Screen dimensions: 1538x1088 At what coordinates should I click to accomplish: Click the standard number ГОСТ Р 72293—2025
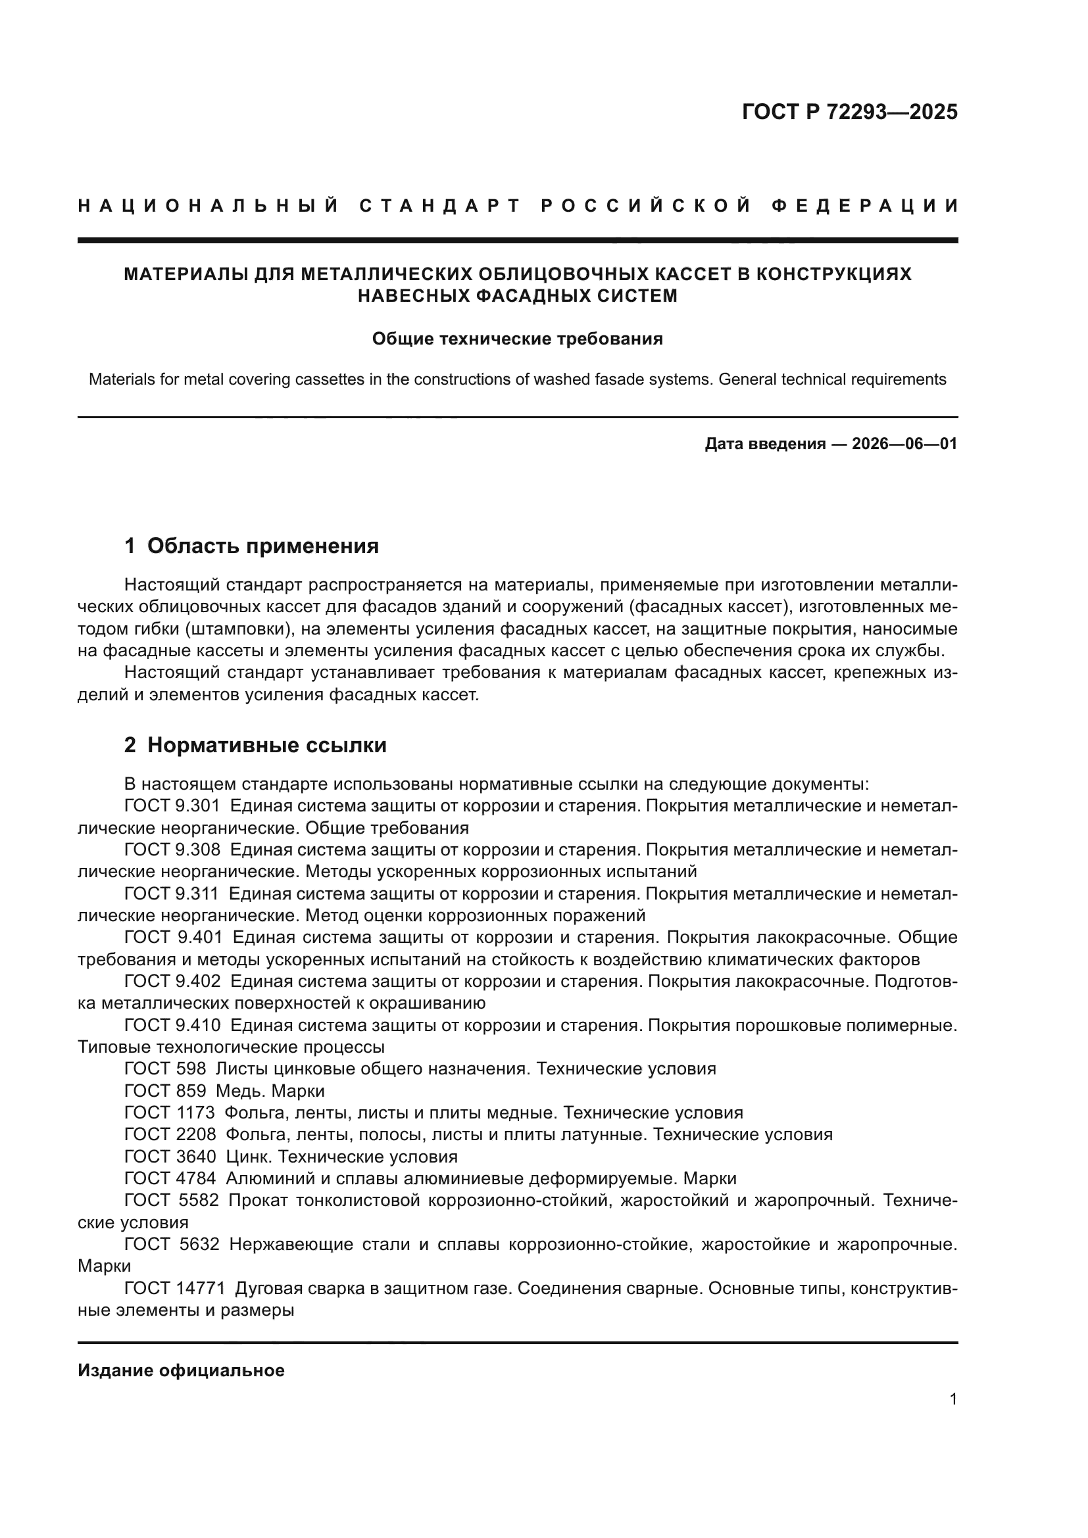pos(849,112)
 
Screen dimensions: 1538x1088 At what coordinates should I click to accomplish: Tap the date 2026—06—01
pos(904,443)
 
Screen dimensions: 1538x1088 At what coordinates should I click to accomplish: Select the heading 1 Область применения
pos(251,546)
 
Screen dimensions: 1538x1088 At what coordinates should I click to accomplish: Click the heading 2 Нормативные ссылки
pos(255,745)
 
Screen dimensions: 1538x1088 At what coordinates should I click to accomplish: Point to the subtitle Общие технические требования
pos(517,339)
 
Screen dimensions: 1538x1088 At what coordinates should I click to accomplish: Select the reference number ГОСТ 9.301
pos(172,806)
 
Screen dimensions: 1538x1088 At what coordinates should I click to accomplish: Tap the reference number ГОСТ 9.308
pos(172,850)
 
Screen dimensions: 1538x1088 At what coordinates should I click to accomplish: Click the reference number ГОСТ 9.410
pos(172,1026)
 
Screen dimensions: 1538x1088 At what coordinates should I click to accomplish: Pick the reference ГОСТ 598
pos(165,1069)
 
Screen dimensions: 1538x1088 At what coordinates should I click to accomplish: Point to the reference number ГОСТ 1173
pos(170,1113)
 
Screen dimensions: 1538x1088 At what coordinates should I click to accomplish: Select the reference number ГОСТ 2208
pos(170,1135)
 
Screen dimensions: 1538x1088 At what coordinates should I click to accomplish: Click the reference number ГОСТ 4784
pos(170,1179)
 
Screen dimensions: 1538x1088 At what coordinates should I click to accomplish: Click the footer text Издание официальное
pos(181,1370)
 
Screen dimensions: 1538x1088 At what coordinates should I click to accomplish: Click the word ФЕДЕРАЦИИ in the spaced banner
pos(865,206)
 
